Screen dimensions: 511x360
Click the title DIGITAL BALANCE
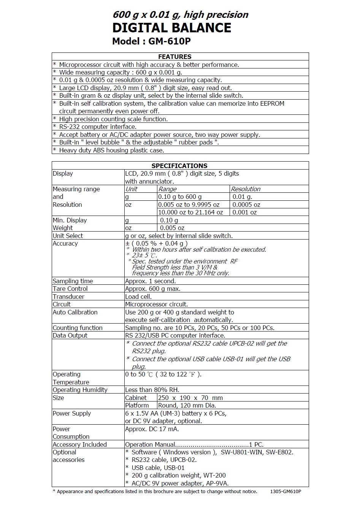tap(172, 28)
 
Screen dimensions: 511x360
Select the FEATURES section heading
tap(174, 57)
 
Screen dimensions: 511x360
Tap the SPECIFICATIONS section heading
tap(179, 166)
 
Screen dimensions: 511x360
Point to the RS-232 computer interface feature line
tap(98, 127)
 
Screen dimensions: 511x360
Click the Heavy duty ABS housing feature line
tap(112, 150)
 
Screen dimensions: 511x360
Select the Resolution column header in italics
tap(246, 189)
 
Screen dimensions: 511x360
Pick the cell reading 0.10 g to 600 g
tap(180, 197)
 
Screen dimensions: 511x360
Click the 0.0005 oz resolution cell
tap(246, 205)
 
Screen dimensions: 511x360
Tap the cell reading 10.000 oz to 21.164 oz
tap(190, 212)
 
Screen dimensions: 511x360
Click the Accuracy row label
tap(65, 243)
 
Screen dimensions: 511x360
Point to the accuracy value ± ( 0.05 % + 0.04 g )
tap(157, 243)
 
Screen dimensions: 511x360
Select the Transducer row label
tap(68, 297)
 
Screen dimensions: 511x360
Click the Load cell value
tap(138, 297)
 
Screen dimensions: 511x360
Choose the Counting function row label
tap(78, 328)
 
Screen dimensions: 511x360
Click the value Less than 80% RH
tap(152, 390)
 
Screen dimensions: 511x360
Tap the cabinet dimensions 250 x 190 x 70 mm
tap(190, 398)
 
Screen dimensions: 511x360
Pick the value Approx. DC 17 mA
tap(152, 429)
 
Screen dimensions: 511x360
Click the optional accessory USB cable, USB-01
tap(158, 468)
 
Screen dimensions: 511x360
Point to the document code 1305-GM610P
tap(285, 492)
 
